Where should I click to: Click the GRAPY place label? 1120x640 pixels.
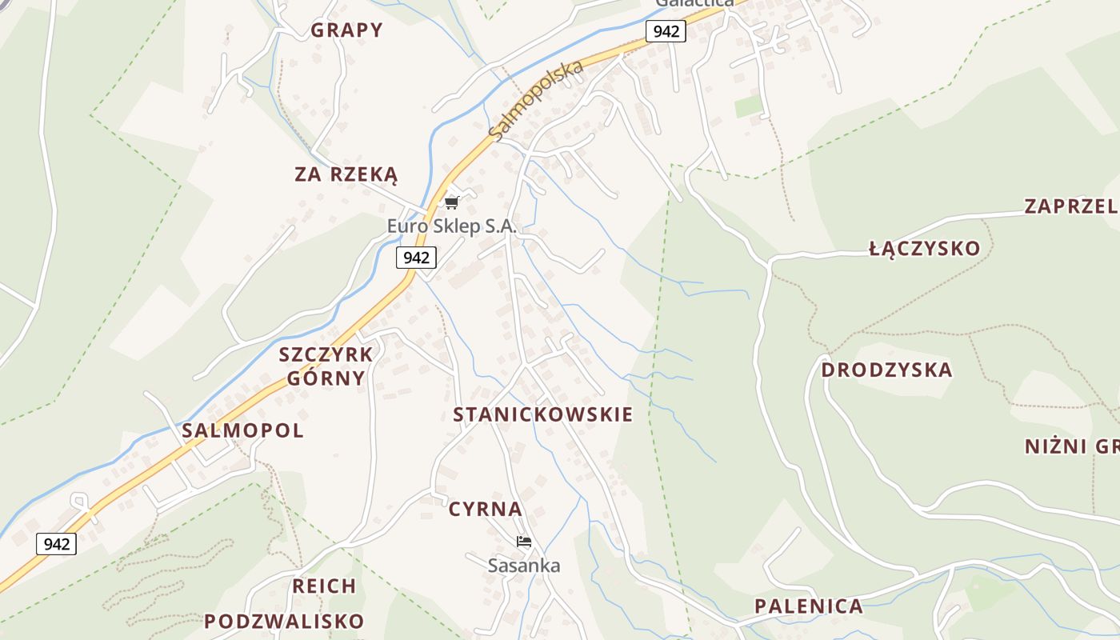tap(346, 30)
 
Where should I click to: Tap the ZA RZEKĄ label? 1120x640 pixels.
tap(346, 174)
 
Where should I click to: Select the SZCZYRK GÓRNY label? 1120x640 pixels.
tap(326, 366)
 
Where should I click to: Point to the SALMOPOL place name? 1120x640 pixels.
tap(242, 430)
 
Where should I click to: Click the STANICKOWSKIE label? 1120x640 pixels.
tap(542, 414)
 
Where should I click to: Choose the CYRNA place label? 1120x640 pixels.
tap(485, 509)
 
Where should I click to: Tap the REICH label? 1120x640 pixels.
tap(324, 586)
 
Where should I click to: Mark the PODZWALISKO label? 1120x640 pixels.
tap(284, 621)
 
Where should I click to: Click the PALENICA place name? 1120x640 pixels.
tap(809, 606)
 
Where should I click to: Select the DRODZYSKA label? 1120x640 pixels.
tap(886, 370)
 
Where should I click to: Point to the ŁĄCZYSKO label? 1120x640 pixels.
tap(924, 248)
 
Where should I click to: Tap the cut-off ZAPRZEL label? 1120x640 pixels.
tap(1070, 206)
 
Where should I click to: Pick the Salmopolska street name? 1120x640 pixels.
tap(535, 102)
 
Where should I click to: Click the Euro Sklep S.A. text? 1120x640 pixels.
tap(452, 226)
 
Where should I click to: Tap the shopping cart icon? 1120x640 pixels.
tap(452, 202)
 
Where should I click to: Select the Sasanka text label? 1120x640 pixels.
tap(524, 566)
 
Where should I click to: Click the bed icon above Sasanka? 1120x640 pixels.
tap(524, 542)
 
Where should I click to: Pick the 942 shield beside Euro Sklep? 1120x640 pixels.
tap(416, 258)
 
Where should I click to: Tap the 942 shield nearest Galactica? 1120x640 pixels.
tap(666, 31)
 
